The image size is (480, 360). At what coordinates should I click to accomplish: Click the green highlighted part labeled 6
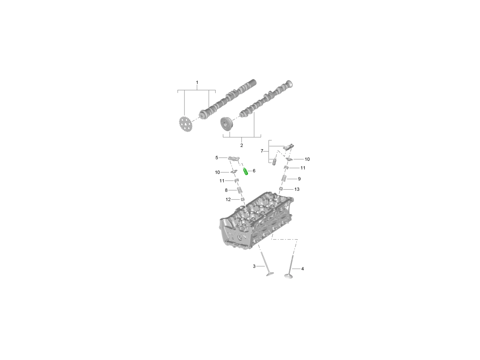[x=246, y=171]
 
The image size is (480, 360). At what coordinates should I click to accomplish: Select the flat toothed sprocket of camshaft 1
[x=186, y=124]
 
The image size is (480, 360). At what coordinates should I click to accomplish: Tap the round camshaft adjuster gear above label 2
[x=227, y=124]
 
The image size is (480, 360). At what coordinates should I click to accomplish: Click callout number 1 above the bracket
[x=197, y=82]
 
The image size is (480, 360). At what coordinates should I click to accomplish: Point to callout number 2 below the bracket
[x=242, y=145]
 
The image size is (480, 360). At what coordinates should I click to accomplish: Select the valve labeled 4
[x=289, y=267]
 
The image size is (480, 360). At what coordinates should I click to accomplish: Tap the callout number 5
[x=217, y=158]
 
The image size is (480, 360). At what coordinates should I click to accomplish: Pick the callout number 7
[x=262, y=151]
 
